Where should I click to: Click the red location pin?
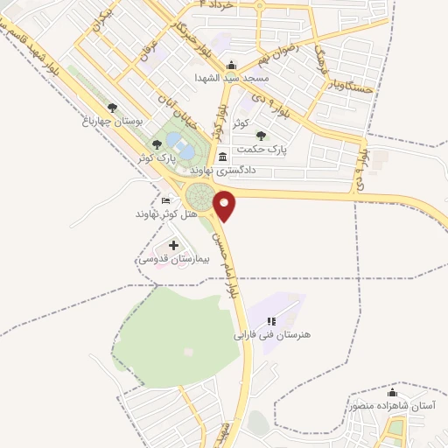pos(227,205)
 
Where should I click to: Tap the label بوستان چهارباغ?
pos(112,121)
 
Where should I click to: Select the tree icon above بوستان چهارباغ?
pos(112,108)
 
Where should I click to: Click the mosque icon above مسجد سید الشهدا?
pos(230,65)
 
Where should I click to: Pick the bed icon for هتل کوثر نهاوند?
pos(166,201)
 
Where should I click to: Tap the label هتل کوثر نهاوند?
pos(169,214)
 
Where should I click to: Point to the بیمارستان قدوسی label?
pos(171,260)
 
